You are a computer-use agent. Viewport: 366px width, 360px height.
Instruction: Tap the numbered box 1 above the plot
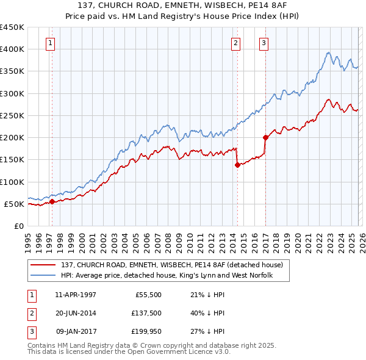click(49, 43)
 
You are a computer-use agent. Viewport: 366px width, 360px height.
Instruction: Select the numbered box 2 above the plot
click(235, 43)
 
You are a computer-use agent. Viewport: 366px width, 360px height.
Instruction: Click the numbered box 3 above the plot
click(264, 43)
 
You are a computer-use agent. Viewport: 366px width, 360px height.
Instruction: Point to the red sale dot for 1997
click(52, 201)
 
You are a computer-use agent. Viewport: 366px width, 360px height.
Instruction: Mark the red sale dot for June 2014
click(237, 165)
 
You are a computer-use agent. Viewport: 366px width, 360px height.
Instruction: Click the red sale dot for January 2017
click(265, 137)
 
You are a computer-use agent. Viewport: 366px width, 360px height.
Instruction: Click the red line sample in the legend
click(44, 265)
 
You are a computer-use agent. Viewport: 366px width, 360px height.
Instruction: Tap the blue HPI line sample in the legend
click(44, 276)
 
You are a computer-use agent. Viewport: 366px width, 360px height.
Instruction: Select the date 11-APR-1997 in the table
click(75, 295)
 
